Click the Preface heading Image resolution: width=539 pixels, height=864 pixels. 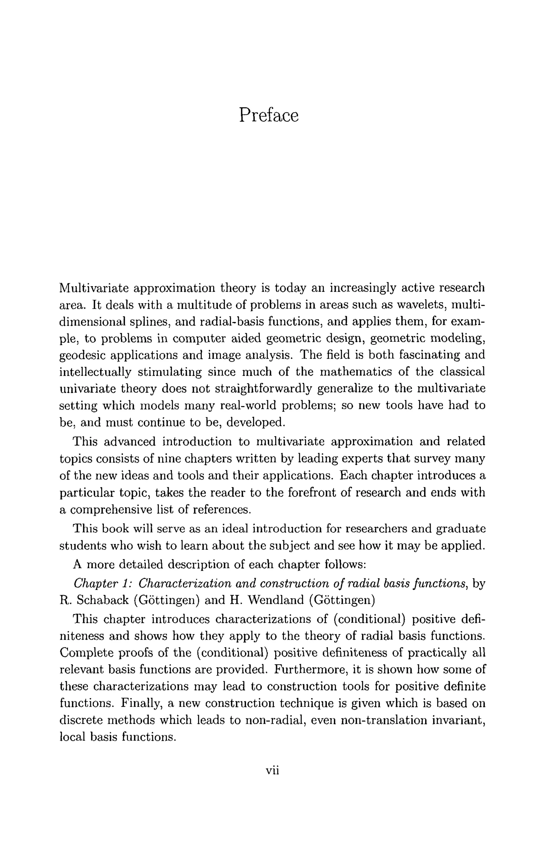(x=268, y=115)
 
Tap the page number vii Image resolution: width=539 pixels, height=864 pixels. (x=272, y=770)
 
